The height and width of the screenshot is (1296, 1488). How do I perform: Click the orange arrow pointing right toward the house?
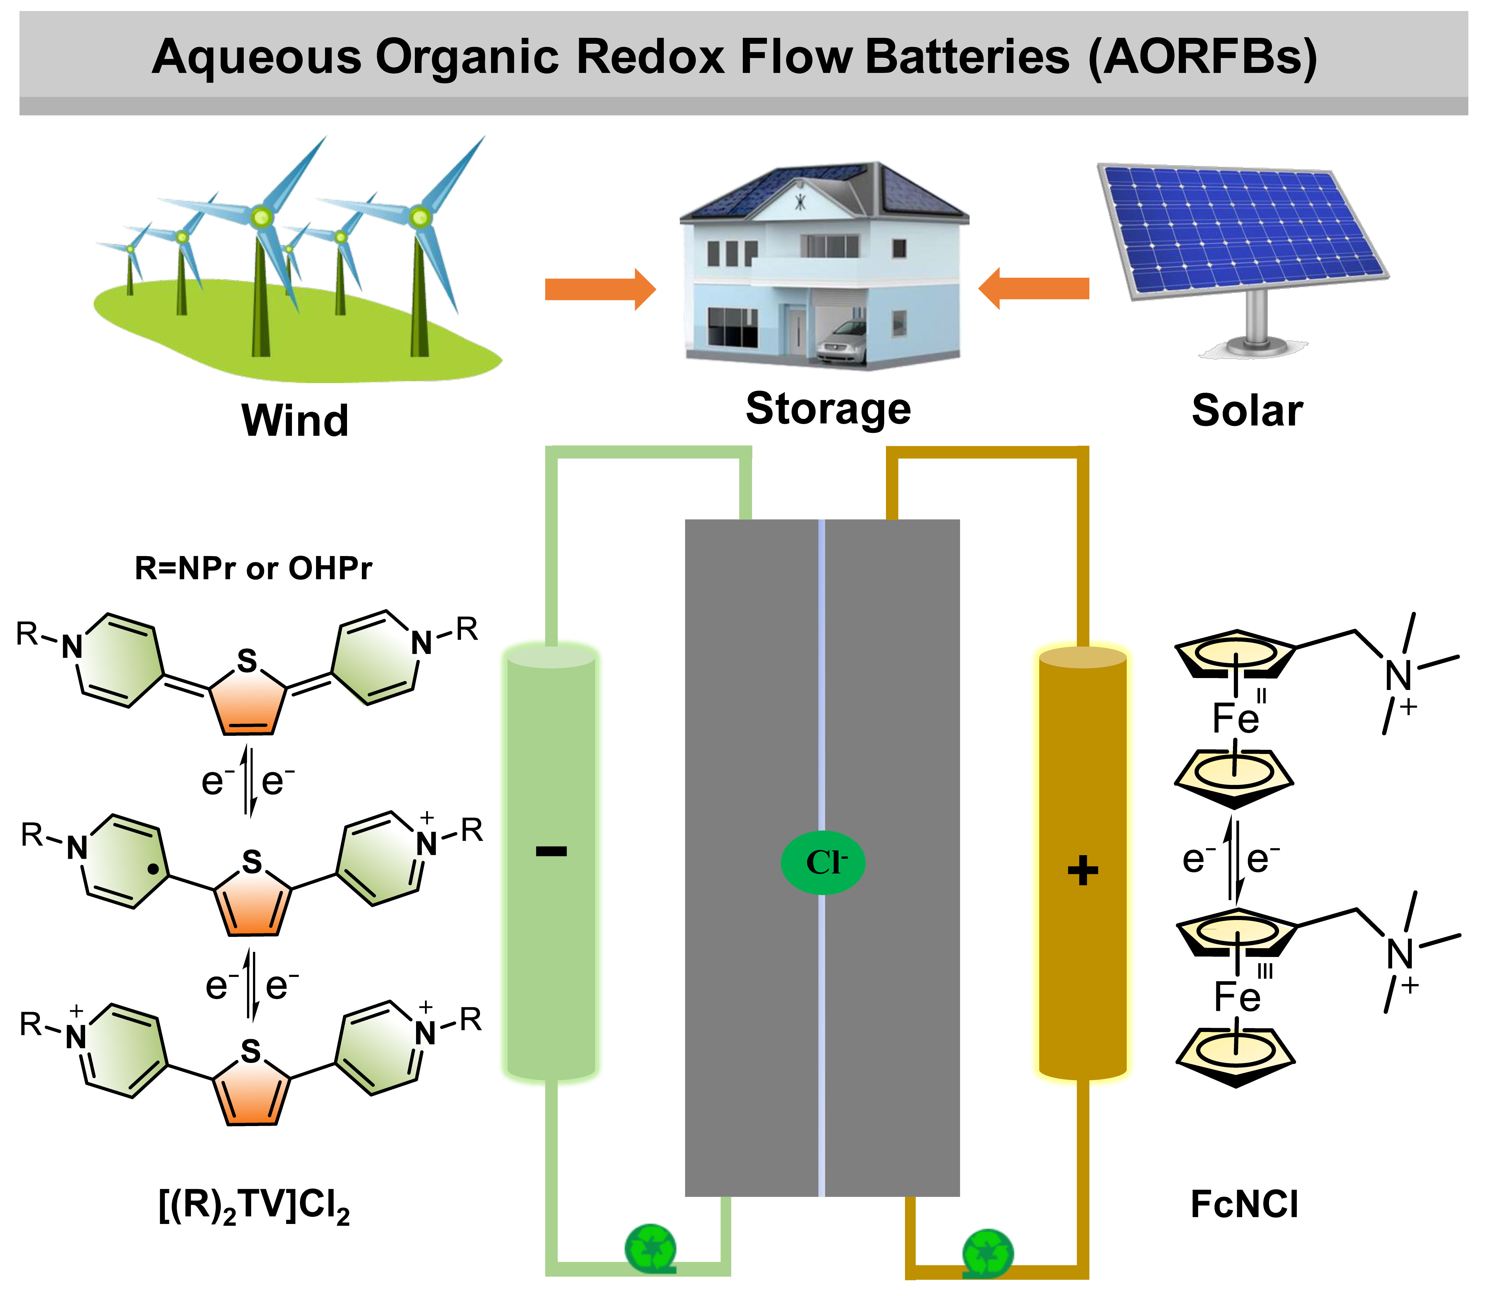(x=600, y=289)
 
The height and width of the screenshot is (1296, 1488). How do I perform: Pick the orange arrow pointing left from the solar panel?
(x=1034, y=288)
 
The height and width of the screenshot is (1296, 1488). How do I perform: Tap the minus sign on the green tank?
(x=552, y=851)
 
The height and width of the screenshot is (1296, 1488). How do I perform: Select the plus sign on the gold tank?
(x=1082, y=870)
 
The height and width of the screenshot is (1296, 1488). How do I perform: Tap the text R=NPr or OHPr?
(x=253, y=569)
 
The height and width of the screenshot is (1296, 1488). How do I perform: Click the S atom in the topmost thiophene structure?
(x=247, y=661)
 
